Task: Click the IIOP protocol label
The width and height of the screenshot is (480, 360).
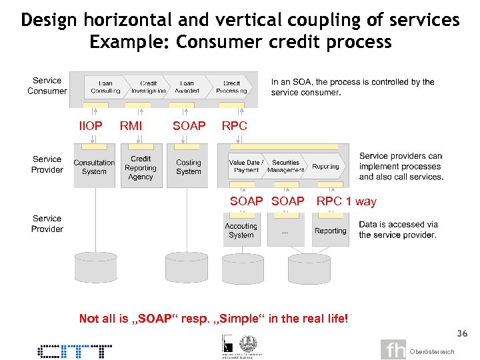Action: pyautogui.click(x=91, y=126)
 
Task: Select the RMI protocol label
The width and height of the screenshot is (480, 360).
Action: pyautogui.click(x=131, y=126)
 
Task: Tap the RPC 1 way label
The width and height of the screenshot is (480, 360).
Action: pyautogui.click(x=346, y=201)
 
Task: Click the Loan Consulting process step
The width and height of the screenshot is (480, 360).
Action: pyautogui.click(x=105, y=87)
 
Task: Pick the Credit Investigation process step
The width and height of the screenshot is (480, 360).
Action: pyautogui.click(x=149, y=87)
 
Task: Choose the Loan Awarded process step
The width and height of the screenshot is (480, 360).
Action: pyautogui.click(x=187, y=87)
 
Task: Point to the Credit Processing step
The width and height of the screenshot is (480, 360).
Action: pyautogui.click(x=231, y=87)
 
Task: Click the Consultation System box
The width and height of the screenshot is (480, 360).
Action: pyautogui.click(x=94, y=167)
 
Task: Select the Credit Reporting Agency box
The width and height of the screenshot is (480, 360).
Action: pyautogui.click(x=141, y=168)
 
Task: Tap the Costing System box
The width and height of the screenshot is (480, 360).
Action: pyautogui.click(x=189, y=167)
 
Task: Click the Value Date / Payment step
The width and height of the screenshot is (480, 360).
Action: pyautogui.click(x=246, y=167)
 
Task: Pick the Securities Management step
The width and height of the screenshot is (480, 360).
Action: pyautogui.click(x=285, y=167)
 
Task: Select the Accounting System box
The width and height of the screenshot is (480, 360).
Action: pyautogui.click(x=241, y=231)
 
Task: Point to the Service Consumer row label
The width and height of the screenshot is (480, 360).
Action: pyautogui.click(x=47, y=86)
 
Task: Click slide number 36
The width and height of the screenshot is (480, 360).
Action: pyautogui.click(x=462, y=333)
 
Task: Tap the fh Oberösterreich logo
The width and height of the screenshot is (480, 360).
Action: pyautogui.click(x=417, y=350)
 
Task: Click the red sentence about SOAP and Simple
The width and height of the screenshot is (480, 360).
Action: pyautogui.click(x=213, y=319)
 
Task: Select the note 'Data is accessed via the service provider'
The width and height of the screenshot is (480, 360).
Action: pyautogui.click(x=398, y=230)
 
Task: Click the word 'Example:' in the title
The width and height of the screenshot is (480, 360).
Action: pyautogui.click(x=129, y=41)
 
